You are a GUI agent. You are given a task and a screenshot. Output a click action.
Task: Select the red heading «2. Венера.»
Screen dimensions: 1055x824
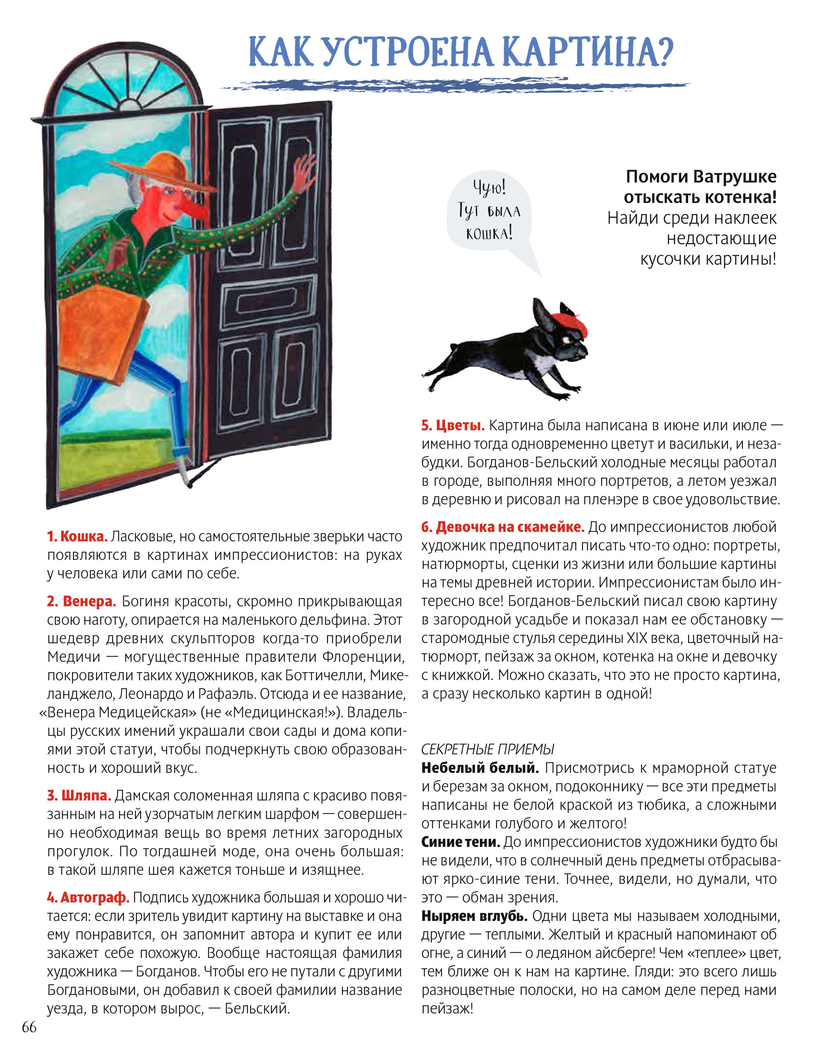pyautogui.click(x=81, y=601)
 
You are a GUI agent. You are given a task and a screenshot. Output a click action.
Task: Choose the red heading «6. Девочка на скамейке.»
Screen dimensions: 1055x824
pyautogui.click(x=503, y=527)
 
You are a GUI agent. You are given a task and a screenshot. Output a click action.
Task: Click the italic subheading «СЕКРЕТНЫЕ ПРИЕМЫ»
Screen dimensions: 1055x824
pyautogui.click(x=488, y=749)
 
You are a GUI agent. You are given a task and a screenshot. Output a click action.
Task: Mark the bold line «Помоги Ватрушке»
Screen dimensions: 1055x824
pyautogui.click(x=701, y=177)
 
